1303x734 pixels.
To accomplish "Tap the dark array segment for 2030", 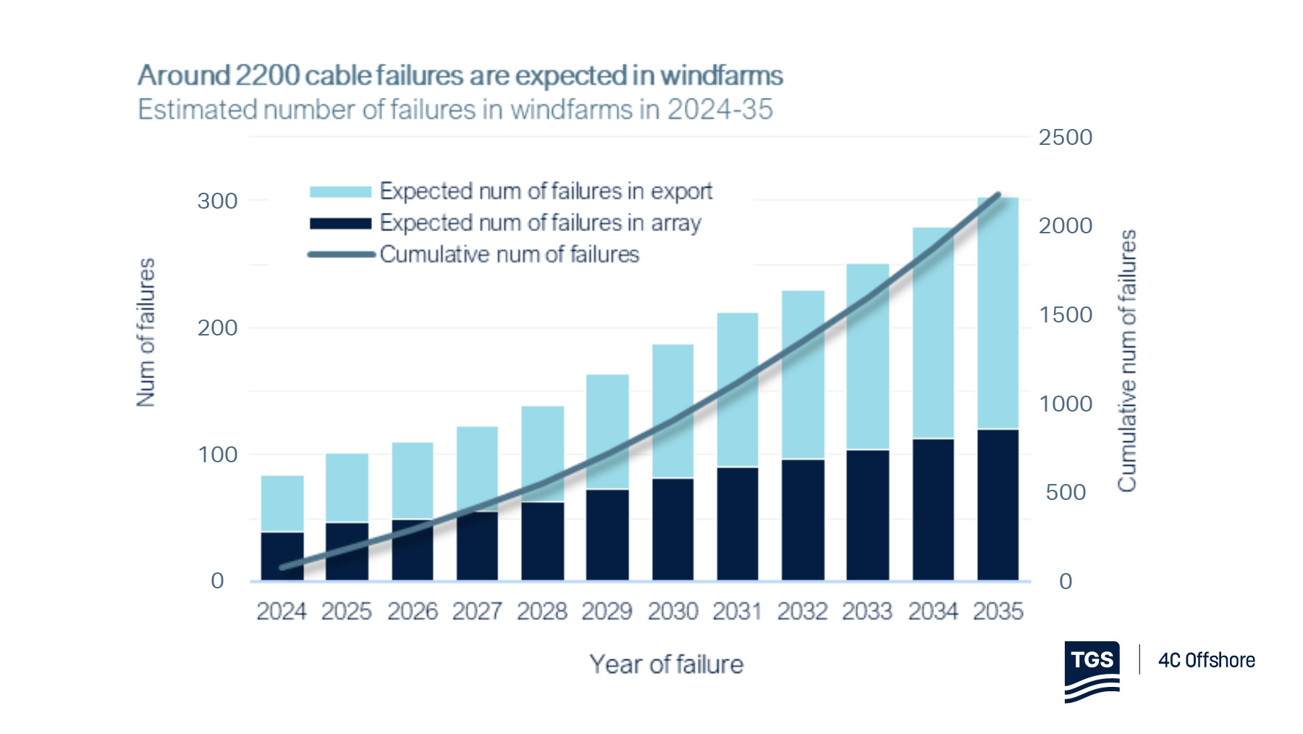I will point(672,529).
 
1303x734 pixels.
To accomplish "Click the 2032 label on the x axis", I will point(802,612).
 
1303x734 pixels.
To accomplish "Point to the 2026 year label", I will point(412,612).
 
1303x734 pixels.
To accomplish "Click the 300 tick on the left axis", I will point(217,201).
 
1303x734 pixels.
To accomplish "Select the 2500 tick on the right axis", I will point(1065,137).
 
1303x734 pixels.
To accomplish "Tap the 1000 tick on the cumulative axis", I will point(1065,404).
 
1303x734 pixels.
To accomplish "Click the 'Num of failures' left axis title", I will point(146,332).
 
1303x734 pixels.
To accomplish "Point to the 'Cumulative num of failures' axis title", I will point(1126,360).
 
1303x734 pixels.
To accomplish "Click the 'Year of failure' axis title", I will point(666,664).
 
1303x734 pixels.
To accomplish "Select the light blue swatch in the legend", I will point(340,191).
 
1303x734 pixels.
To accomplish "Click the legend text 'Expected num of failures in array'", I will point(540,222).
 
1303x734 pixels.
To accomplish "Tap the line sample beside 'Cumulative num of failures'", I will point(340,254).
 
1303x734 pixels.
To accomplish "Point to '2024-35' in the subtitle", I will point(720,109).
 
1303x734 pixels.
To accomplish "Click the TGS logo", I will point(1092,671).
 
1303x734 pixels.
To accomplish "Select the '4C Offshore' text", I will point(1206,660).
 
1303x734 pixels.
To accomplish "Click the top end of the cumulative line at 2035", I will point(998,194).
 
